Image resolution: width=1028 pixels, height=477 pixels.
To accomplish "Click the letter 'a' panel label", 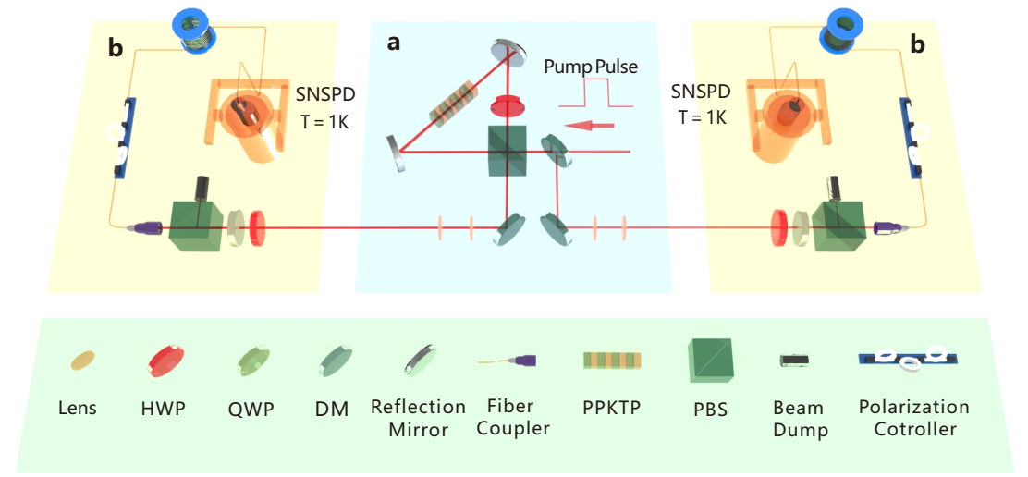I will (394, 43).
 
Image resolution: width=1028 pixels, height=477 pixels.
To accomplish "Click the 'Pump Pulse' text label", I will (590, 67).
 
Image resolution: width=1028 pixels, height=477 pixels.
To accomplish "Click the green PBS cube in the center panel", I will (508, 149).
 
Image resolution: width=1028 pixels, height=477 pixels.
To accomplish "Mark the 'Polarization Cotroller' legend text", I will (913, 418).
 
